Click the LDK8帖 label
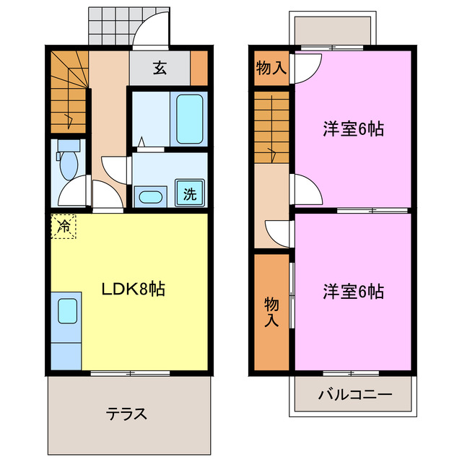133,289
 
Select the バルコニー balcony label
354,396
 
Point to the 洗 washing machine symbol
190,193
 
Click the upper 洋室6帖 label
352,129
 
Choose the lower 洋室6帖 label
352,292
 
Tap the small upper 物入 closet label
271,69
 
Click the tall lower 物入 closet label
271,310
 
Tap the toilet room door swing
74,190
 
